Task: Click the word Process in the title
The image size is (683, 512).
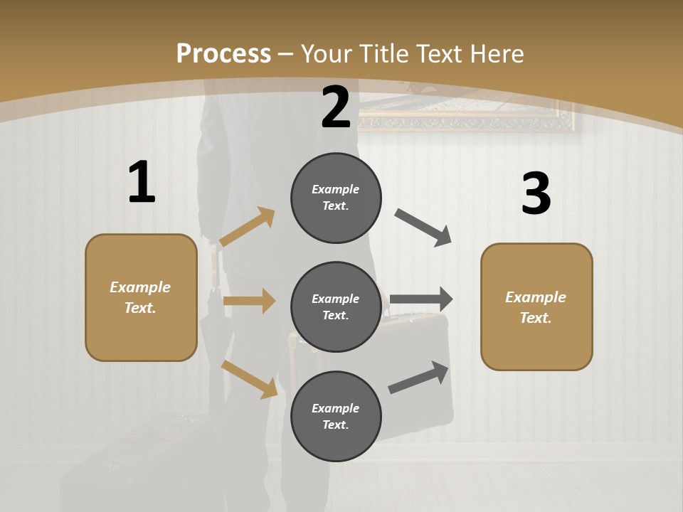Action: [223, 54]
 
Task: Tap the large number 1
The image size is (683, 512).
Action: [142, 183]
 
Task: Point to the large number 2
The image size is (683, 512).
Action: [336, 108]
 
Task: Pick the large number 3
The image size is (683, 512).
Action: [536, 194]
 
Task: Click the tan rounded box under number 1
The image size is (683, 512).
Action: [141, 297]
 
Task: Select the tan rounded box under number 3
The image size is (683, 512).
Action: [536, 307]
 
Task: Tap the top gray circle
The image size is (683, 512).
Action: [336, 198]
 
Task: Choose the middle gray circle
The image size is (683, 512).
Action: [336, 306]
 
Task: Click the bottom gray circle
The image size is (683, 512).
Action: [336, 416]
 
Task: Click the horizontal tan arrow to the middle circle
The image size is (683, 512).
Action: [249, 301]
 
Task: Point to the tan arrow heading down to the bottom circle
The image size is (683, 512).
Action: [249, 379]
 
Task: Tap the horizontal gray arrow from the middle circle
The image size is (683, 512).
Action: [421, 299]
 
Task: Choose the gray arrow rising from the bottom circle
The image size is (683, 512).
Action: [419, 378]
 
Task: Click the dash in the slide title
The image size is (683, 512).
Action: [286, 54]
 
